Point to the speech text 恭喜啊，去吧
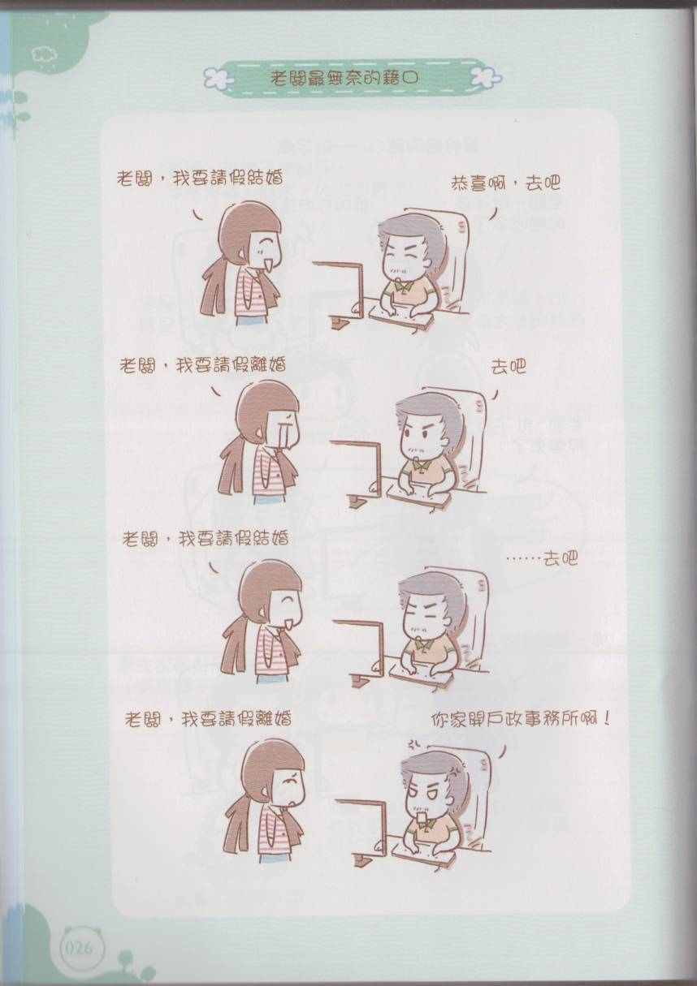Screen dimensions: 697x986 tap(505, 183)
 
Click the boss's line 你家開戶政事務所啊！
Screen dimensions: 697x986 tap(522, 720)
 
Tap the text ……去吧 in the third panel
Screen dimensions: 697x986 tap(542, 559)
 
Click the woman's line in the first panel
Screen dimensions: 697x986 tap(200, 179)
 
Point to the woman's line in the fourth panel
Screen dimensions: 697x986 tap(208, 718)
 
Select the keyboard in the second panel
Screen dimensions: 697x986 tap(419, 495)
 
